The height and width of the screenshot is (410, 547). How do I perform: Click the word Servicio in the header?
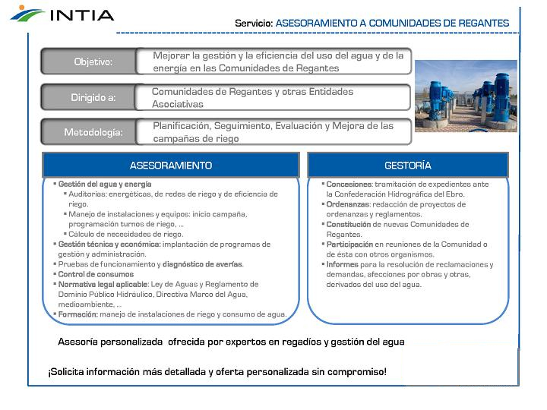(253, 24)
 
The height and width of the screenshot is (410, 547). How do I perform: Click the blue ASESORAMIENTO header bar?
(170, 166)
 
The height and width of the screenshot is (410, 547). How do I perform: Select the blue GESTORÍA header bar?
(407, 166)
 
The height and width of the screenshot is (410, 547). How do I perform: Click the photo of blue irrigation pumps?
(465, 96)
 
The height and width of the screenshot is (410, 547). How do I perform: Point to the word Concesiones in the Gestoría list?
(349, 184)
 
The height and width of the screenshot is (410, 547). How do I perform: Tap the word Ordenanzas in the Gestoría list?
(348, 204)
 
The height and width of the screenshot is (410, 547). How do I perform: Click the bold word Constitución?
(349, 225)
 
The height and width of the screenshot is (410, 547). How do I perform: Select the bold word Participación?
(349, 244)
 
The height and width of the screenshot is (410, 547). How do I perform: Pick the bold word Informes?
(343, 265)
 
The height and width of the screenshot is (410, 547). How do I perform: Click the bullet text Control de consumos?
(96, 274)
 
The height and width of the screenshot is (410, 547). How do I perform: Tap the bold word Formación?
(78, 314)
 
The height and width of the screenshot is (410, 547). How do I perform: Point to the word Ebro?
(454, 194)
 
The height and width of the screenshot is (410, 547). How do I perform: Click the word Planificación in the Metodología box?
(181, 126)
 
